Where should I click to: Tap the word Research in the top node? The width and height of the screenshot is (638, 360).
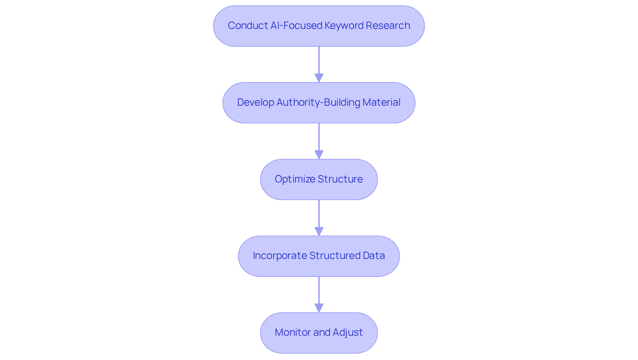pos(388,26)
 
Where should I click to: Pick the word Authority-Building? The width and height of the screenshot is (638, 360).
pos(318,102)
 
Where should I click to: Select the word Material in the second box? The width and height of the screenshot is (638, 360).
pos(381,102)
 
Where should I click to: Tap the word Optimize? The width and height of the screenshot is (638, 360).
pos(290,179)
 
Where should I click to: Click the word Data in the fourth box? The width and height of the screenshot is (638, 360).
pos(374,256)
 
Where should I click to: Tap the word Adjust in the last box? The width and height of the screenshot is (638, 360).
pos(348,332)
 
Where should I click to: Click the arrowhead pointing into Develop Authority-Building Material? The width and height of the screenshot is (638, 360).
pos(319,78)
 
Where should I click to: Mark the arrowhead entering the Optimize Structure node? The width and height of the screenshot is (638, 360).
pos(319,155)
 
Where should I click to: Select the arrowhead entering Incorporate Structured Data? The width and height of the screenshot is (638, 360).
pos(319,231)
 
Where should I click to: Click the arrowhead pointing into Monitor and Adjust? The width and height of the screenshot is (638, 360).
pos(319,308)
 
